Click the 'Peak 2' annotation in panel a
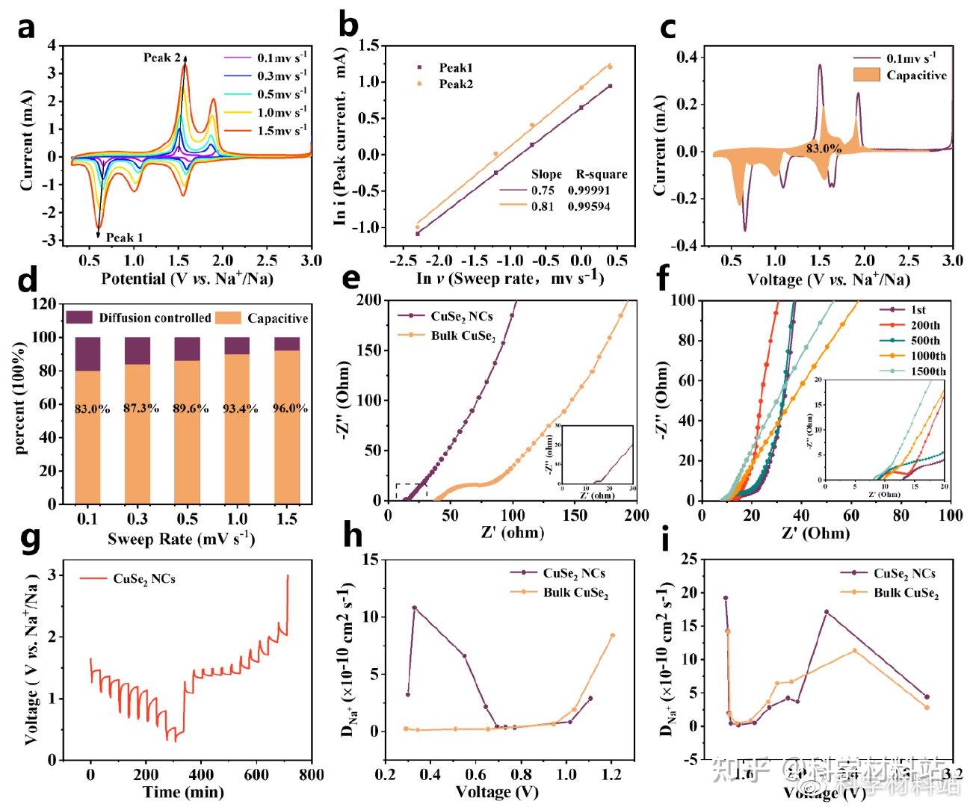coord(161,58)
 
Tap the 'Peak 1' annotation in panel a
coord(124,238)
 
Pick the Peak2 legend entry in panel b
coord(456,84)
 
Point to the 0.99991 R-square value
coord(588,191)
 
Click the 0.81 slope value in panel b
coord(543,206)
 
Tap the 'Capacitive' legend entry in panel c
coord(916,75)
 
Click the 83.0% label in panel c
coord(824,149)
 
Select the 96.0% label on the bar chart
coord(287,409)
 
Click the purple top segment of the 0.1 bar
coord(87,354)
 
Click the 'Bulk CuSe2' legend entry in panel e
coord(463,336)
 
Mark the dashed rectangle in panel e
coord(410,491)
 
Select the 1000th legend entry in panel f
coord(928,356)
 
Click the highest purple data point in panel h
coord(414,608)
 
